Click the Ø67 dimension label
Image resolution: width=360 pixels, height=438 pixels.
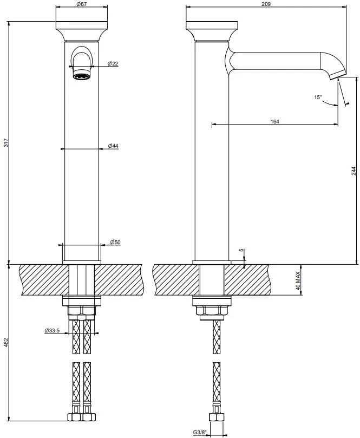pos(81,4)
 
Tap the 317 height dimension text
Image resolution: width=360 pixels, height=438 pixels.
pos(6,143)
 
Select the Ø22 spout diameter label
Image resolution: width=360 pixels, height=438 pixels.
pos(113,63)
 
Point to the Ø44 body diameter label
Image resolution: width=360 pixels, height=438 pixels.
pos(113,146)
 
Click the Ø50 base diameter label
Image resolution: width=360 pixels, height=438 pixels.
pos(115,242)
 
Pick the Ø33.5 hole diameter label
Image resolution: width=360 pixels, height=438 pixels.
pos(52,330)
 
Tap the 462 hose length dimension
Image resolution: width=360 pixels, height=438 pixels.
pos(6,343)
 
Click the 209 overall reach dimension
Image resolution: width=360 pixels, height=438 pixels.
pos(266,4)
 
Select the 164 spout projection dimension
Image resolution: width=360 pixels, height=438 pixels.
pos(275,121)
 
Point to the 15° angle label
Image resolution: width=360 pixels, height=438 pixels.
pos(318,97)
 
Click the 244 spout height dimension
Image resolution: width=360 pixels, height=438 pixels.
pos(354,171)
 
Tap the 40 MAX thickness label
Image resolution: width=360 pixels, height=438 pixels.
pos(298,280)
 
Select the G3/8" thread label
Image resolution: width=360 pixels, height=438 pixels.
pos(200,433)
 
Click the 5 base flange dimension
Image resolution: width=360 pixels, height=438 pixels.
pos(242,250)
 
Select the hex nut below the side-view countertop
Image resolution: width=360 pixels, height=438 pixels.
pos(212,310)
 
